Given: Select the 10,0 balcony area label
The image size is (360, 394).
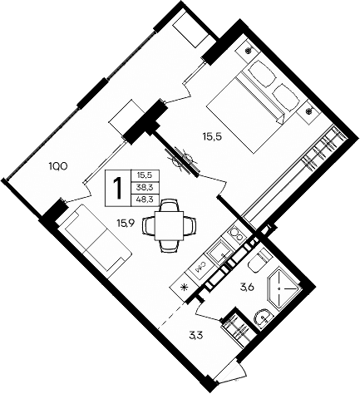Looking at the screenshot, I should coord(57,165).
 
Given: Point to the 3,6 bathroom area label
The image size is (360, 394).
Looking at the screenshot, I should coord(247,288).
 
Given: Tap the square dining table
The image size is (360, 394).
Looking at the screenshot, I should coord(170,224).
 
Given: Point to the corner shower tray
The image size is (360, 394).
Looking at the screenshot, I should coord(285,284).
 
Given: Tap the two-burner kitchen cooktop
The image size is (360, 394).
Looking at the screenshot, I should coord(238,234).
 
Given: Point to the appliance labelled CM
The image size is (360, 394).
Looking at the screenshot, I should coord(203,268).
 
